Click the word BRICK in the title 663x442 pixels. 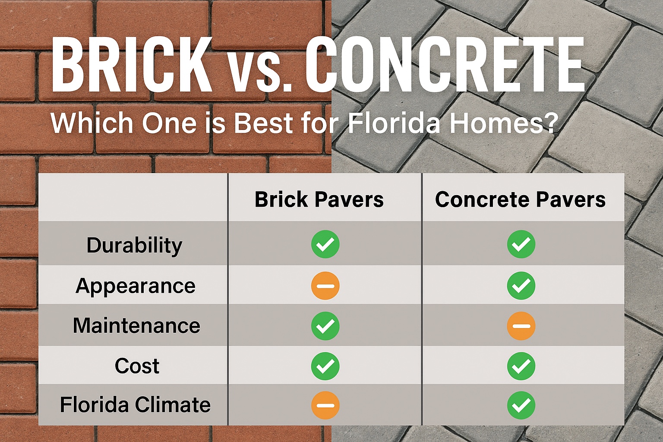tap(132, 65)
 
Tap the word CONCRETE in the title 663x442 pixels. tap(445, 65)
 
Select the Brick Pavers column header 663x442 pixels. tap(319, 199)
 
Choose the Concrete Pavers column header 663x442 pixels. tap(520, 199)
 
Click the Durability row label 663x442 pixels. tap(134, 246)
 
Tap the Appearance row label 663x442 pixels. tap(136, 286)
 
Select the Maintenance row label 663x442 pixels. tap(136, 325)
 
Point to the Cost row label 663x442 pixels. tap(137, 366)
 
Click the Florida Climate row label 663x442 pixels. tap(135, 404)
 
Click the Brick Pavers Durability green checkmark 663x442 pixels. tap(325, 244)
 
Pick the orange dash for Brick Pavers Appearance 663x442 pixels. tap(325, 286)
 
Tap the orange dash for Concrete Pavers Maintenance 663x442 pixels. tap(521, 325)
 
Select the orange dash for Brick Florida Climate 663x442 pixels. tap(325, 405)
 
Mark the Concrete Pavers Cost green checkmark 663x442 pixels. tap(521, 366)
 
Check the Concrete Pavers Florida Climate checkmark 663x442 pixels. tap(521, 405)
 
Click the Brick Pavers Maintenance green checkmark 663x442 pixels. tap(325, 325)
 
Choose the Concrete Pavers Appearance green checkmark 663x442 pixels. tap(521, 286)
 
